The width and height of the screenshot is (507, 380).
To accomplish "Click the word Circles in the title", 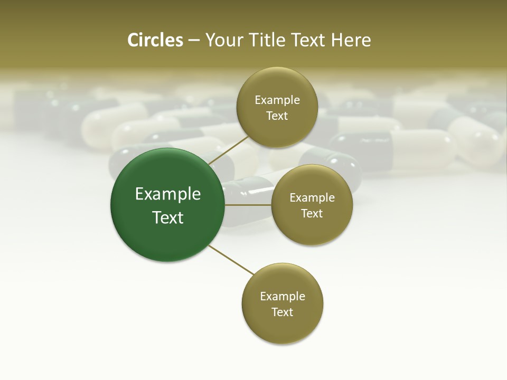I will pyautogui.click(x=155, y=40).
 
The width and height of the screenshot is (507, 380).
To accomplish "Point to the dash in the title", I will pyautogui.click(x=194, y=41).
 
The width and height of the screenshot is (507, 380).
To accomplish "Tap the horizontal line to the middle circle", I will pyautogui.click(x=248, y=205).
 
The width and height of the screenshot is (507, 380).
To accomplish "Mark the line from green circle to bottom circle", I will pyautogui.click(x=231, y=261).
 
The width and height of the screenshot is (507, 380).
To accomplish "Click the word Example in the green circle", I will pyautogui.click(x=168, y=194).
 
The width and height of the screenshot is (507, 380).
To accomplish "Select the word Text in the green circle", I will pyautogui.click(x=168, y=217).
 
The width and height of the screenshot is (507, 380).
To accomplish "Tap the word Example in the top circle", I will pyautogui.click(x=277, y=100).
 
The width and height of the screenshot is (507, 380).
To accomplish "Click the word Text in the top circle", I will pyautogui.click(x=277, y=116).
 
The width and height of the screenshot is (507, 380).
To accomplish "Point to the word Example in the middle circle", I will pyautogui.click(x=312, y=198).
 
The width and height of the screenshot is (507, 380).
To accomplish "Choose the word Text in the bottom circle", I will pyautogui.click(x=282, y=312).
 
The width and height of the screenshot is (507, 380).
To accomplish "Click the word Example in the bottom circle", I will pyautogui.click(x=283, y=297).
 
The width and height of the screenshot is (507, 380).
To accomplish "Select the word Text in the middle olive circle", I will pyautogui.click(x=312, y=214).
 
